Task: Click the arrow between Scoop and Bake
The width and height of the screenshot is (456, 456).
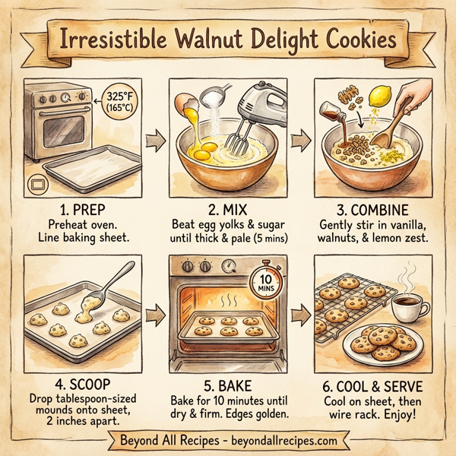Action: point(155,312)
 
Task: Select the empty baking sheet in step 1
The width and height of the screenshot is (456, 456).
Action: point(84,163)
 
